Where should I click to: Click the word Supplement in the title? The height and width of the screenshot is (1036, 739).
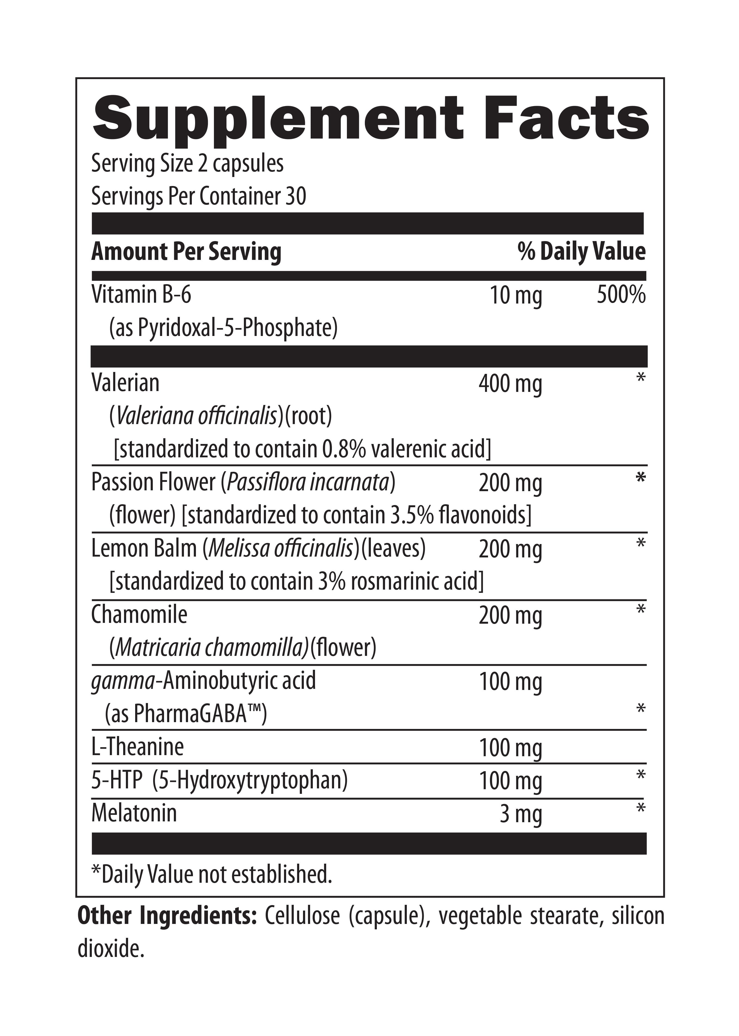(278, 119)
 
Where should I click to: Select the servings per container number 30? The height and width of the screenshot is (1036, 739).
(296, 196)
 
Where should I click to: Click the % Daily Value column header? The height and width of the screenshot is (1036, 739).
(581, 251)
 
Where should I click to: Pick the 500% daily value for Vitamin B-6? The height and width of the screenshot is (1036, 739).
(621, 295)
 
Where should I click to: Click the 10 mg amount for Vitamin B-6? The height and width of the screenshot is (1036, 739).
(516, 296)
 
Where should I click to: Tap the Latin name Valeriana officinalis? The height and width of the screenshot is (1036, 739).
(196, 416)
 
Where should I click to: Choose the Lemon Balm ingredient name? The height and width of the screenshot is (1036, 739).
(144, 548)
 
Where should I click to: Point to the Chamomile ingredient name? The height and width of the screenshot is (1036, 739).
(139, 615)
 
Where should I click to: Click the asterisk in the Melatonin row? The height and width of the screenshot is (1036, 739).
(641, 809)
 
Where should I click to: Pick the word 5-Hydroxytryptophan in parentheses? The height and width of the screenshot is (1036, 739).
(250, 780)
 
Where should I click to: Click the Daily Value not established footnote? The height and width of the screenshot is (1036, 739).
(212, 874)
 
